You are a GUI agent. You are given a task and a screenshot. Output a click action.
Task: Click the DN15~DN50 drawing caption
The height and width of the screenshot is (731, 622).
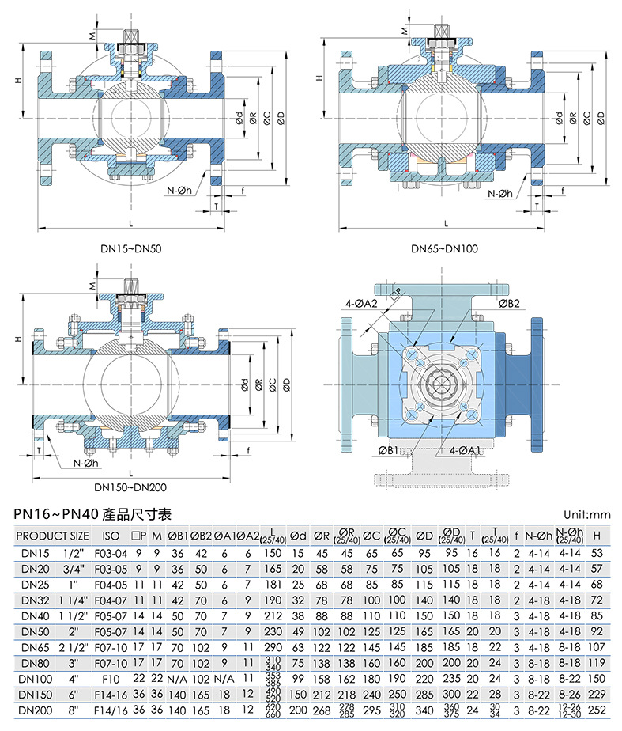click(132, 248)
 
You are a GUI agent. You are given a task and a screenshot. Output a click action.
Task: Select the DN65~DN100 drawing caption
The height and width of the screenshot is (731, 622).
click(444, 248)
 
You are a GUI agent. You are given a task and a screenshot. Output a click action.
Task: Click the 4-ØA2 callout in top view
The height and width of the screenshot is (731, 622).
click(361, 303)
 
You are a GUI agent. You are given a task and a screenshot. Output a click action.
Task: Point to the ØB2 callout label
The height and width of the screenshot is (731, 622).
click(509, 303)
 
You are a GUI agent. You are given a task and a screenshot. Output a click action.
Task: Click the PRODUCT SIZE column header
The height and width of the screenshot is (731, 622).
click(53, 536)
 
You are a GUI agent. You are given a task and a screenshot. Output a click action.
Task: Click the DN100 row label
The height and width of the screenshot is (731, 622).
click(36, 678)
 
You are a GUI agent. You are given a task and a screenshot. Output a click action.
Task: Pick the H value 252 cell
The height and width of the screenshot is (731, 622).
click(597, 710)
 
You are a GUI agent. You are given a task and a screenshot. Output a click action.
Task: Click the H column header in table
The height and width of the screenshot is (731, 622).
click(597, 536)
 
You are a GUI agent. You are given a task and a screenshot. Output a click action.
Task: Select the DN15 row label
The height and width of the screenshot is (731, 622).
click(36, 553)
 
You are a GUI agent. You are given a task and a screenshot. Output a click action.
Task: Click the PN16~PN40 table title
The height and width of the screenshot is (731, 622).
click(99, 514)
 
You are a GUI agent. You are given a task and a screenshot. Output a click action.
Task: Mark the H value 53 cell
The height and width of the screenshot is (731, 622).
click(597, 553)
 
